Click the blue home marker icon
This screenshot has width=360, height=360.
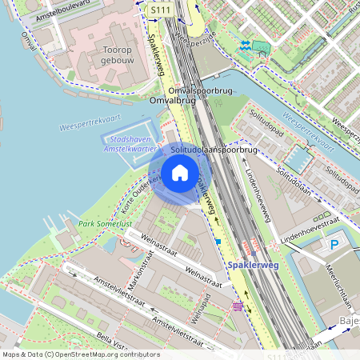point(180,173)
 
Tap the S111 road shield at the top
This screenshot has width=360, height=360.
point(161,8)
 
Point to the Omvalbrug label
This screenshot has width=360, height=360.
point(172,101)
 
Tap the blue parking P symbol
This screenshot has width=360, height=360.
point(335,245)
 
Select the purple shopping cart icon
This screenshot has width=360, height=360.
point(238,306)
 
